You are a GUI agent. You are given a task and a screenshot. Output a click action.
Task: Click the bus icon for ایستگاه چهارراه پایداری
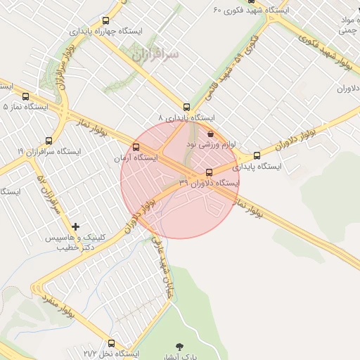pos(105,21)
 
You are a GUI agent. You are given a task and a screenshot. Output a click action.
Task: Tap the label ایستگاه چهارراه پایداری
pos(105,32)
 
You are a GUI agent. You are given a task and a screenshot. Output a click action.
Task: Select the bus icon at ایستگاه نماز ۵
pos(26,96)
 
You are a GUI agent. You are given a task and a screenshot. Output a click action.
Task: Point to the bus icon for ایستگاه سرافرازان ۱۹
pos(49,141)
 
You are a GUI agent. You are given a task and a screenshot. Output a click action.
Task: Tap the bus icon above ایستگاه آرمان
pos(136,148)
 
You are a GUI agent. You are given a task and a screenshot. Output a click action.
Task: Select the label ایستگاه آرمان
pos(136,158)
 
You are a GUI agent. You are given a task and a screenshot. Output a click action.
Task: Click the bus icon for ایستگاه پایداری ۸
pos(186,107)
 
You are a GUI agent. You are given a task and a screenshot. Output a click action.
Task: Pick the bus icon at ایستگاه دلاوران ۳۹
pos(209,172)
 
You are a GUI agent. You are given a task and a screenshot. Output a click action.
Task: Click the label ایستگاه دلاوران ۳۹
pos(209,183)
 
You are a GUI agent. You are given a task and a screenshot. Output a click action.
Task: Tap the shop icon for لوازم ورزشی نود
pos(211,133)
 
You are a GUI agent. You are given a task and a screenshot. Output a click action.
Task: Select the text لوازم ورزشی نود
pos(211,143)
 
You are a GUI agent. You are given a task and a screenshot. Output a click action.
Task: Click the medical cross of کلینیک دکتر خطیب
pos(75,226)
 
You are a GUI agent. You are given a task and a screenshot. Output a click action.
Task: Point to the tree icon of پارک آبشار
pos(179,346)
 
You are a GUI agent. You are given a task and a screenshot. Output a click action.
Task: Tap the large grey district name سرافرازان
pos(155,53)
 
